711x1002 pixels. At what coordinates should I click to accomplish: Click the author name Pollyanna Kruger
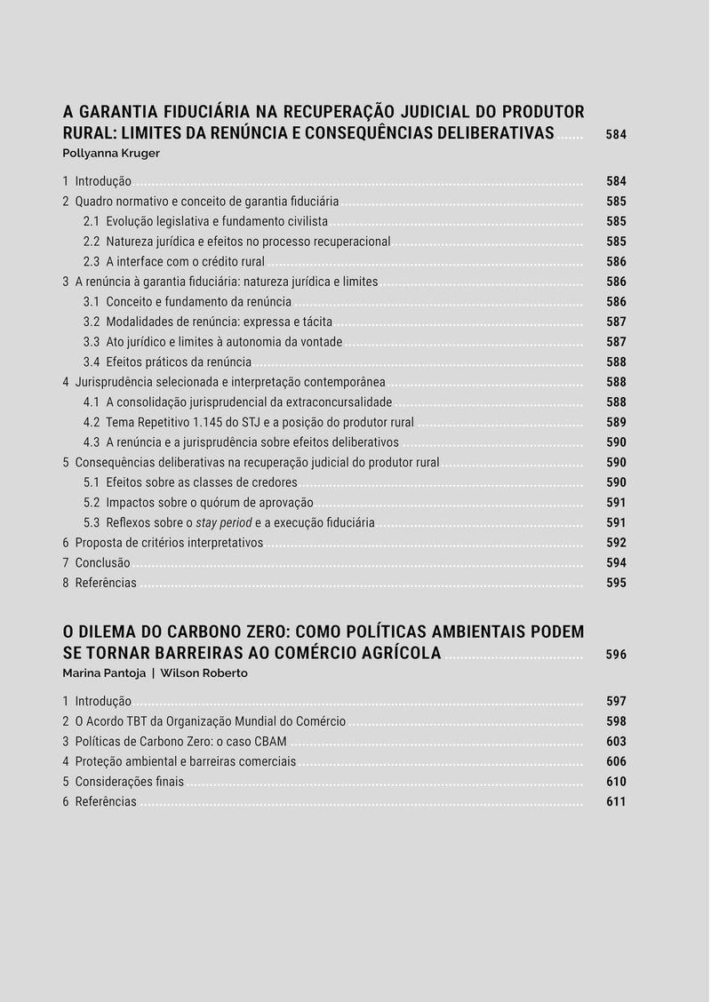110,153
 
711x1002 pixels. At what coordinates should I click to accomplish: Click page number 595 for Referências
616,583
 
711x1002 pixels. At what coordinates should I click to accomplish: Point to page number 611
616,801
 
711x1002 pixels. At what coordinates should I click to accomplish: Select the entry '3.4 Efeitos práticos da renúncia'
167,362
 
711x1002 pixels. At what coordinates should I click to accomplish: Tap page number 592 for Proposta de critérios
616,543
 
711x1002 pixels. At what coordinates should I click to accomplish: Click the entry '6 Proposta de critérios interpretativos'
163,543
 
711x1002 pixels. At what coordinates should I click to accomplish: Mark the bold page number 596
616,655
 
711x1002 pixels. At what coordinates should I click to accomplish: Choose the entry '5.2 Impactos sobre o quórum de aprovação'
198,503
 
